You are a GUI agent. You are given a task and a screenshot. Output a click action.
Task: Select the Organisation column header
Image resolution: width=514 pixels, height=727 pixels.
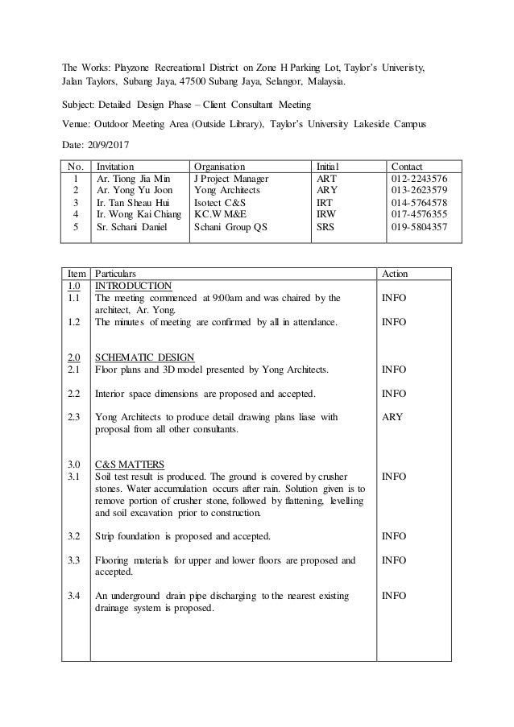[219, 165]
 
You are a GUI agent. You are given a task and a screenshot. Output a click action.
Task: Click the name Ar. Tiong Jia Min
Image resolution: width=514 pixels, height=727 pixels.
[133, 178]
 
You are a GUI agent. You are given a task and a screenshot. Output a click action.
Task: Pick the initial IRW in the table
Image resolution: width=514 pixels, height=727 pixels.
[326, 215]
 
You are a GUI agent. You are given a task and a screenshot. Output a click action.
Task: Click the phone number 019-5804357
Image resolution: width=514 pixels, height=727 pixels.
[420, 228]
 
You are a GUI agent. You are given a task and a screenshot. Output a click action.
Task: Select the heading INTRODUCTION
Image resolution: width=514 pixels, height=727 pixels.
[133, 285]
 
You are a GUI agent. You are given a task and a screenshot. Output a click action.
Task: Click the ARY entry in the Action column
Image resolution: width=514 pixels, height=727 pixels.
[394, 417]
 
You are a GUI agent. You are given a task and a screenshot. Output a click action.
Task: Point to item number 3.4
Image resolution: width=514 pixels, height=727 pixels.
[74, 596]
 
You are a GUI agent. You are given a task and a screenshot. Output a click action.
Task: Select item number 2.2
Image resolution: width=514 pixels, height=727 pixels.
[74, 394]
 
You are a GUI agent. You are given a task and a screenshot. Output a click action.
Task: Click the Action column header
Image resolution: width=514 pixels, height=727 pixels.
[397, 273]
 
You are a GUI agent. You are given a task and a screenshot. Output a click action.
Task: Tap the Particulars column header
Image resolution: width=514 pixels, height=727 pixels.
[118, 273]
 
